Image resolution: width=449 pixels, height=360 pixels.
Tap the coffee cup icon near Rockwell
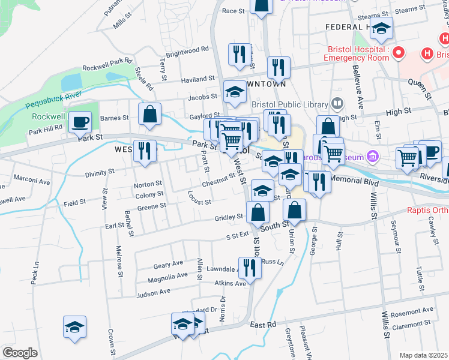(x=80, y=123)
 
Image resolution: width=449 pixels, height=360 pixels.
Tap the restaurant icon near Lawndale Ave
(x=250, y=268)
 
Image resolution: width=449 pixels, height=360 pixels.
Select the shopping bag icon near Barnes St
(x=149, y=114)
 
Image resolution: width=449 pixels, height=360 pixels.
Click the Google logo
(x=20, y=353)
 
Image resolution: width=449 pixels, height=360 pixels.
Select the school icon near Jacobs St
(x=235, y=92)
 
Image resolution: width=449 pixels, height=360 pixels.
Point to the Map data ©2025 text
(x=423, y=355)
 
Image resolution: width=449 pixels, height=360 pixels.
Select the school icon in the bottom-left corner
(x=75, y=327)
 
